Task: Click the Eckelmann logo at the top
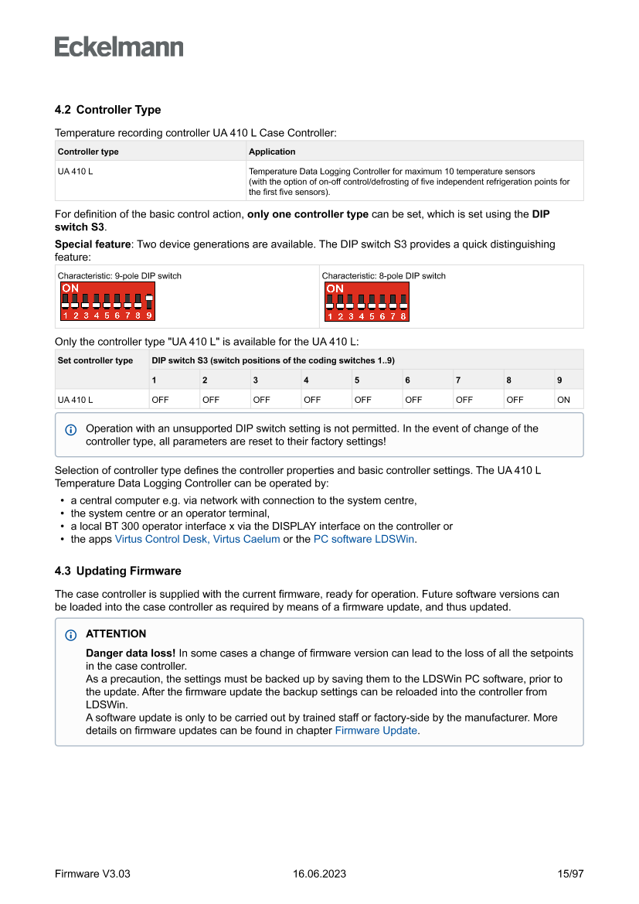pyautogui.click(x=119, y=47)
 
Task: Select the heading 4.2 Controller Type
pyautogui.click(x=107, y=110)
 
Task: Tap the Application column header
pyautogui.click(x=272, y=152)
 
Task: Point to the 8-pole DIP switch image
pyautogui.click(x=367, y=302)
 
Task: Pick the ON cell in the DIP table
pyautogui.click(x=563, y=400)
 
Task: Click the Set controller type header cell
pyautogui.click(x=95, y=360)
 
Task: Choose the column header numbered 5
pyautogui.click(x=357, y=380)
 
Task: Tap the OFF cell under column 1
pyautogui.click(x=160, y=400)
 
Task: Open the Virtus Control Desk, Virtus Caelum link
pyautogui.click(x=197, y=539)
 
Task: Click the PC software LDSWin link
pyautogui.click(x=364, y=539)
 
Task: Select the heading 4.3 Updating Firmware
pyautogui.click(x=117, y=571)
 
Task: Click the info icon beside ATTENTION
pyautogui.click(x=71, y=635)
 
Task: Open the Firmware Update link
pyautogui.click(x=376, y=730)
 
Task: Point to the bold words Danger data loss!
pyautogui.click(x=131, y=653)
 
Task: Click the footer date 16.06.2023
pyautogui.click(x=319, y=874)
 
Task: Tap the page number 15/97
pyautogui.click(x=570, y=874)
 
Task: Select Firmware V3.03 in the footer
pyautogui.click(x=93, y=874)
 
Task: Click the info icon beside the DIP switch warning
pyautogui.click(x=71, y=429)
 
